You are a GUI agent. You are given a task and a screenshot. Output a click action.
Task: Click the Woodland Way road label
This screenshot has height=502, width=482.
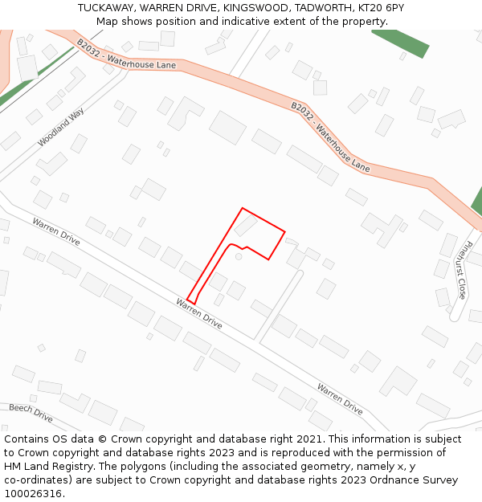(x=61, y=128)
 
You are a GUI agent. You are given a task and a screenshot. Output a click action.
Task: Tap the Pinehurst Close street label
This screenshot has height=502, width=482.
(x=461, y=270)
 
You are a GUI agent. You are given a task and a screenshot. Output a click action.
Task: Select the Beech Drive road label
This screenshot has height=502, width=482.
(x=31, y=414)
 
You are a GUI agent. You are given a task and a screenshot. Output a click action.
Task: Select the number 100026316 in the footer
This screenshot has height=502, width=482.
(x=34, y=494)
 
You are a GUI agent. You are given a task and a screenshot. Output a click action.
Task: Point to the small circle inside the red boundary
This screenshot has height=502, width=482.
(x=239, y=256)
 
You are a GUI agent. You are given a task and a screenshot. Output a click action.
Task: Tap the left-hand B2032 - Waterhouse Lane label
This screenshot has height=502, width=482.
(x=126, y=54)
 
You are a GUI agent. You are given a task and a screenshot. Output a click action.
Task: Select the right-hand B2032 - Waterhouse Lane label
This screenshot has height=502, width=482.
(x=330, y=137)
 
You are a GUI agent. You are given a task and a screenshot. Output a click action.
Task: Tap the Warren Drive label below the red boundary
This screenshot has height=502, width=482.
(x=199, y=313)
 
